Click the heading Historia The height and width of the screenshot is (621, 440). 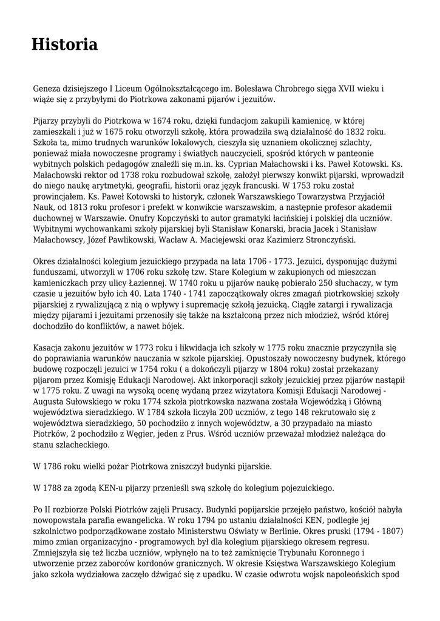click(64, 44)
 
